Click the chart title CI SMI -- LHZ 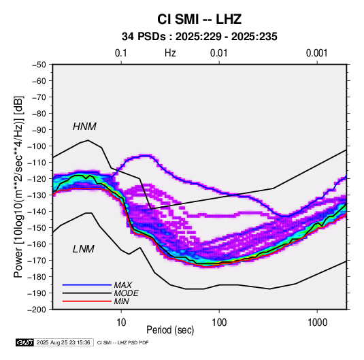199,19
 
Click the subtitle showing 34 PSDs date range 199,37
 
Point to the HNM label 84,127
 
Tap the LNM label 84,249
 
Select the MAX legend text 122,284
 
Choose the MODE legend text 126,293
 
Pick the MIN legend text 121,301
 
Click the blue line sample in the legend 87,285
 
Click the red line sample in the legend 87,301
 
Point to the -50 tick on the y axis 39,65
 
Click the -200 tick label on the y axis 37,310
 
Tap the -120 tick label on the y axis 37,179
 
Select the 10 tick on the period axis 121,323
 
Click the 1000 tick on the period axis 317,323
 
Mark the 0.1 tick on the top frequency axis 121,53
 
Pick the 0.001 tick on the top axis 316,53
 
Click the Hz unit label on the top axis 170,53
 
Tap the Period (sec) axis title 170,330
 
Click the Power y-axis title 18,187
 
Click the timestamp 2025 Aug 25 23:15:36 63,342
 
